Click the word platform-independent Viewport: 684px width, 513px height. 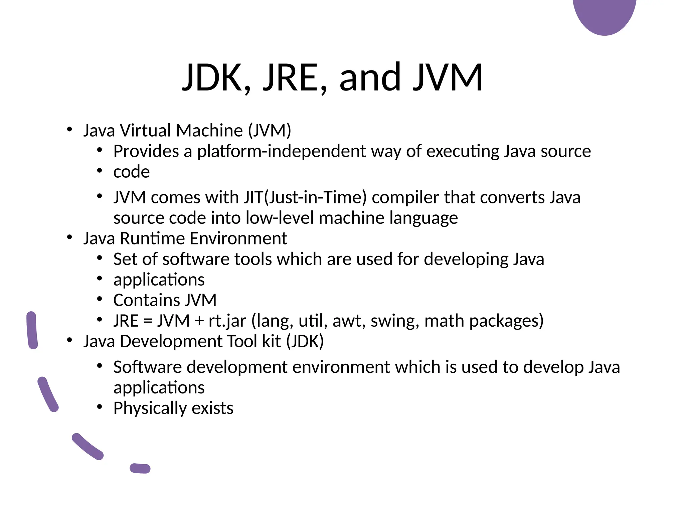coord(281,151)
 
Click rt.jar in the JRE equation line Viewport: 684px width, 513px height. coord(227,321)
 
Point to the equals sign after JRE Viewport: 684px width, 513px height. coord(148,321)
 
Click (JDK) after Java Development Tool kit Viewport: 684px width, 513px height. coord(305,341)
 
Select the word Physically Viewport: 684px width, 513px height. coord(150,408)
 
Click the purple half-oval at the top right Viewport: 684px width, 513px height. coord(605,15)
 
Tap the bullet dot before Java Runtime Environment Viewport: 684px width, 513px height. coord(69,237)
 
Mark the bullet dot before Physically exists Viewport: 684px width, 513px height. coord(100,407)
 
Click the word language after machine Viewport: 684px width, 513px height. coord(423,218)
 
